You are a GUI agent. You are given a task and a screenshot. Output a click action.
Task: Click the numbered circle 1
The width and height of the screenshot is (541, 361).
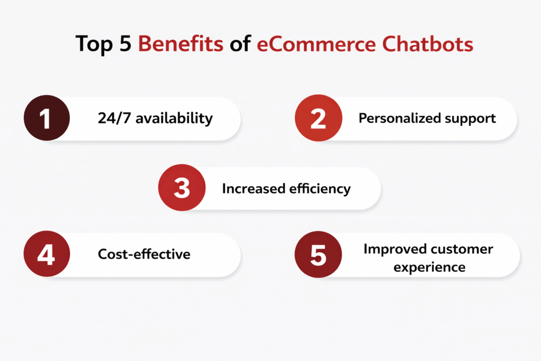point(46,118)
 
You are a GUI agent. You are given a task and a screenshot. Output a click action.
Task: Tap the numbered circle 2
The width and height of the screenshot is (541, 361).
point(318,118)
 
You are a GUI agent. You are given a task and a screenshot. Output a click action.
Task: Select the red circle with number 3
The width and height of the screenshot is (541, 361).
point(182,188)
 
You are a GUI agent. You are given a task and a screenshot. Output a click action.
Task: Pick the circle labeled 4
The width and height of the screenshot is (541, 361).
point(46,254)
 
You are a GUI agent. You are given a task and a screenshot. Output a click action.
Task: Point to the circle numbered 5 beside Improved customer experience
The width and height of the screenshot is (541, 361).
point(318,254)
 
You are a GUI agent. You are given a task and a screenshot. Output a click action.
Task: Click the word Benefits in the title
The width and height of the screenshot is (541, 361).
point(181,44)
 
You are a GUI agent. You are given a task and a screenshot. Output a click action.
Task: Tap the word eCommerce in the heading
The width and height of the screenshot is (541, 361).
point(316,44)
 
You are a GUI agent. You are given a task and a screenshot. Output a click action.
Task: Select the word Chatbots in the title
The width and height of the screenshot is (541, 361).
point(428,44)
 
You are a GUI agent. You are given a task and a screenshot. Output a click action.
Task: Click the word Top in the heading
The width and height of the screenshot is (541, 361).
point(94,45)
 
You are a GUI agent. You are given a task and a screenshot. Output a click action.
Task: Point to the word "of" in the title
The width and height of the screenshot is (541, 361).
point(240,44)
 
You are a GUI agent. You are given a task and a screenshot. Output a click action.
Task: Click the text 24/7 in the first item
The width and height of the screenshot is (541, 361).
point(114,118)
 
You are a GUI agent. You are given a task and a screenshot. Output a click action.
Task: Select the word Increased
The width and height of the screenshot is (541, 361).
point(254,189)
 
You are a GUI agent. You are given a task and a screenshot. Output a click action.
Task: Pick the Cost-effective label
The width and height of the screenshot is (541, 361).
point(144,254)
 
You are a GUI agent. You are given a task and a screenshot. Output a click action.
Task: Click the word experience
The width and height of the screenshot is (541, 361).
point(430,267)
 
